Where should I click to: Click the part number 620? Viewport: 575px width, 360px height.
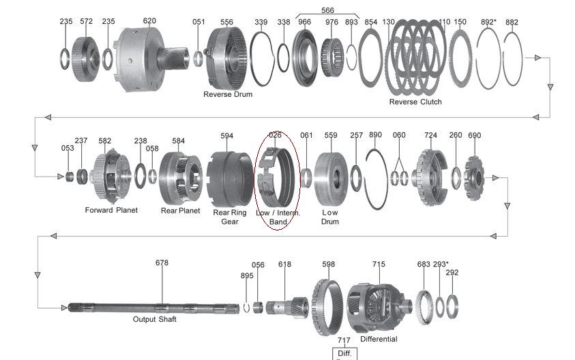(149, 21)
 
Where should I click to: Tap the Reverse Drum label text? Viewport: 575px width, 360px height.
(228, 95)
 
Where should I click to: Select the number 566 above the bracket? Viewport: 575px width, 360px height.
(327, 10)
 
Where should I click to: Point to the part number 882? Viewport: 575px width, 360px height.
(512, 22)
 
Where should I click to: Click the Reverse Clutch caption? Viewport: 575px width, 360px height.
(415, 102)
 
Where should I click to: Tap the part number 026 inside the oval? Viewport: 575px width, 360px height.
(275, 135)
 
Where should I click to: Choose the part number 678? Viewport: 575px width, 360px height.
(162, 262)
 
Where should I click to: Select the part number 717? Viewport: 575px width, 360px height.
(343, 340)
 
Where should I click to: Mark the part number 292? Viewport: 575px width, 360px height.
(452, 273)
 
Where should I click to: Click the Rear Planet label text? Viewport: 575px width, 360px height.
(180, 211)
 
